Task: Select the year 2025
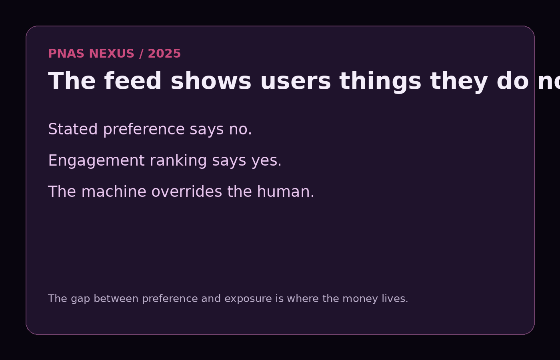click(164, 54)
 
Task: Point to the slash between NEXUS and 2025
click(141, 54)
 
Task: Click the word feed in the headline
click(133, 81)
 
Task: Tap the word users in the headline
click(295, 81)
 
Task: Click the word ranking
click(178, 161)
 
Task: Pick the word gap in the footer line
click(80, 299)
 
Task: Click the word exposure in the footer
click(248, 299)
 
